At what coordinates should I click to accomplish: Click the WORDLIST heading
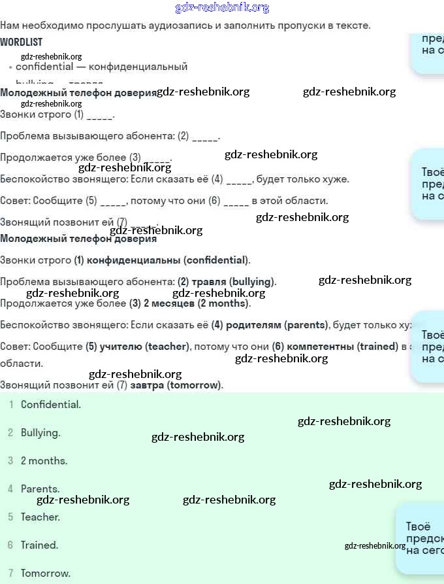tap(21, 42)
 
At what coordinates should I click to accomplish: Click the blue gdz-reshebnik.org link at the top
tap(222, 7)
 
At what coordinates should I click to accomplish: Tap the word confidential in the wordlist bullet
tap(44, 66)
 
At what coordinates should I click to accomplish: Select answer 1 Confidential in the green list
tap(50, 404)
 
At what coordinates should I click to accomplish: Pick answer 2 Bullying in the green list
tap(40, 432)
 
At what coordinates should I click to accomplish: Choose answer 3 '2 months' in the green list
tap(44, 460)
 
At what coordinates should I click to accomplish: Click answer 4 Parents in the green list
tap(40, 489)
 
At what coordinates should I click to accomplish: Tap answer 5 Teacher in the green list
tap(40, 517)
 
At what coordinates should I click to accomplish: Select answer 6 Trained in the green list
tap(39, 545)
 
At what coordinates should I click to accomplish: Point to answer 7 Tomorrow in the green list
tap(45, 573)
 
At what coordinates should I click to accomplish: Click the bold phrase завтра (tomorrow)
tap(176, 385)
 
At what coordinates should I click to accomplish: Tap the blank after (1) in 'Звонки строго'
tap(99, 115)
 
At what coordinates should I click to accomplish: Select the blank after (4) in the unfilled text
tap(238, 179)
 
